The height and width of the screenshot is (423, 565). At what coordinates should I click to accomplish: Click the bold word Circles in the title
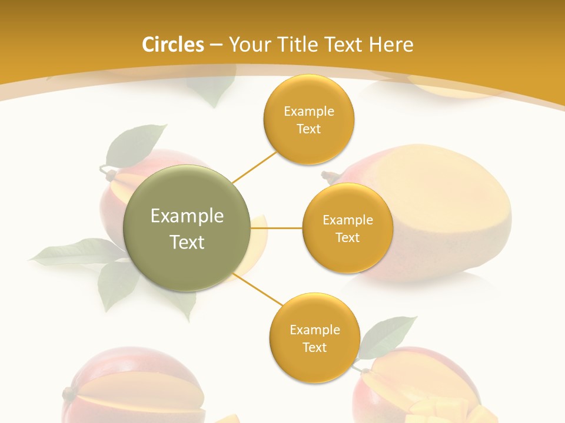173,45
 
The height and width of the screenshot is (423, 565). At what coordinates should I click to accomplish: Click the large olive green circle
187,228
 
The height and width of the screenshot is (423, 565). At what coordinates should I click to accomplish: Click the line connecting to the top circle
254,166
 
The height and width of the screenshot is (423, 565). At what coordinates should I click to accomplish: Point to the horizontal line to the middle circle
276,227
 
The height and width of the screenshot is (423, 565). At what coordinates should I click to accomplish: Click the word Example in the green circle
187,216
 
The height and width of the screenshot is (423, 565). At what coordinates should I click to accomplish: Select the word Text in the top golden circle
309,129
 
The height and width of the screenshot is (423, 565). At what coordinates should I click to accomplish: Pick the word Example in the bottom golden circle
314,330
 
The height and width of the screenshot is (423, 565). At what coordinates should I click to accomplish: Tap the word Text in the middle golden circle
347,238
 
